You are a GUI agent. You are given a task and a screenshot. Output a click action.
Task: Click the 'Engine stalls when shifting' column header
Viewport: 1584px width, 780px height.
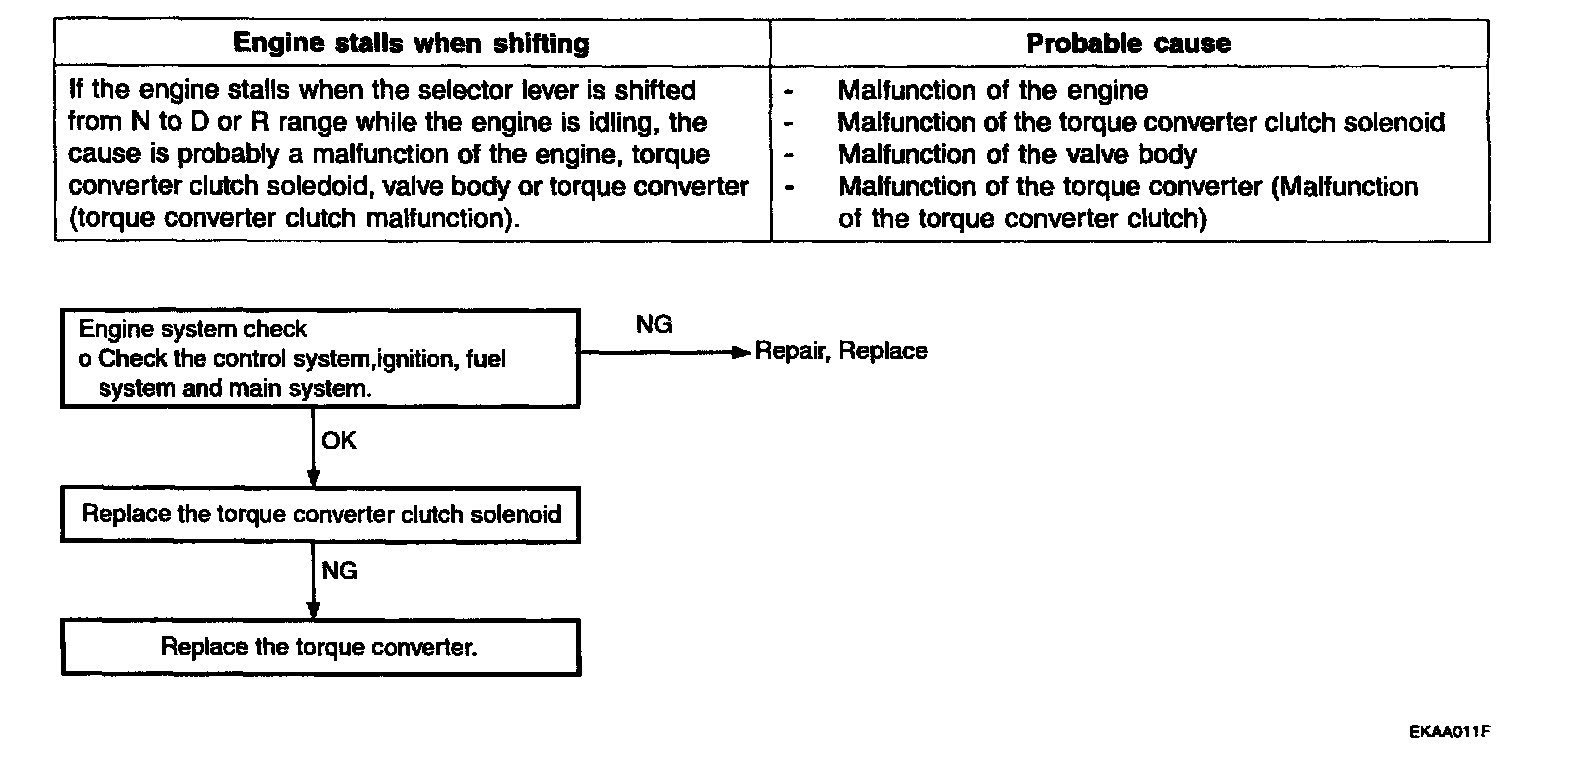[411, 44]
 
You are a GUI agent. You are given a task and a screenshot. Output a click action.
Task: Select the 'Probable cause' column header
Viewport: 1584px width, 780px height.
[1128, 44]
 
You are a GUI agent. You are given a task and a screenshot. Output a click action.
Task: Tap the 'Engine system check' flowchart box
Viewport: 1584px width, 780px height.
[320, 358]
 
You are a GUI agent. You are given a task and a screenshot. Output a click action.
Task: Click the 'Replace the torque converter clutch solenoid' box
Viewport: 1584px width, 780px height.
[320, 515]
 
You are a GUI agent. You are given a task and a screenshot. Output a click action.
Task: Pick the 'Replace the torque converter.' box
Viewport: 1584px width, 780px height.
[320, 647]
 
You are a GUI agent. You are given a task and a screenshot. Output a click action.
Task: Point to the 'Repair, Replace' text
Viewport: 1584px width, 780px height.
[841, 351]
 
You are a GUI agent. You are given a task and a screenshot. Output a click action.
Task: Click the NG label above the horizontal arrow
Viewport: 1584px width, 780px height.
[654, 325]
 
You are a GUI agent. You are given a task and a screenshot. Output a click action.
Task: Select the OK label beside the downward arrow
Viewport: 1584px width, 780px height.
[339, 441]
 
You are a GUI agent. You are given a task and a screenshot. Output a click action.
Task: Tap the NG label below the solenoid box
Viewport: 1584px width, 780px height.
[339, 570]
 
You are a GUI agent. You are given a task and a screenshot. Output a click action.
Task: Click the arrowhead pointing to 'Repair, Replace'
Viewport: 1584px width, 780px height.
[741, 351]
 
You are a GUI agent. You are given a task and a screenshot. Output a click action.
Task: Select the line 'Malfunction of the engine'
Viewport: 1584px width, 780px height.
[992, 91]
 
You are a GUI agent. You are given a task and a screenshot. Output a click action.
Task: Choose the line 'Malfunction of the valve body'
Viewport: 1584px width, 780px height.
[1016, 155]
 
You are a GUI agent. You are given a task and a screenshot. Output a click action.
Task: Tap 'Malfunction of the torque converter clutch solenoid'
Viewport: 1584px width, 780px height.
[1140, 123]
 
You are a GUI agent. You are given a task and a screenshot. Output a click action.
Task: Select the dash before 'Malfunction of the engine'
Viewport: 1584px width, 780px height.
[790, 92]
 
